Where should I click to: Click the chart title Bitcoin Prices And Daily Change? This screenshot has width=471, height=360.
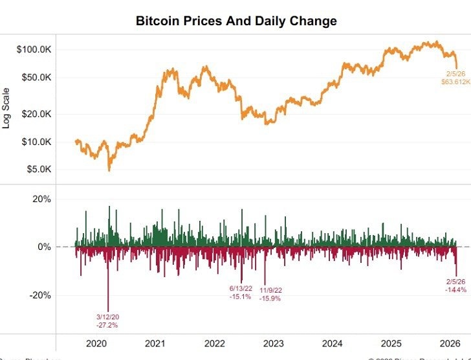coord(236,21)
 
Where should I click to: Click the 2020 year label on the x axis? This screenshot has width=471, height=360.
coord(96,343)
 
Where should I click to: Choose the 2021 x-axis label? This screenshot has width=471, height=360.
coord(155,343)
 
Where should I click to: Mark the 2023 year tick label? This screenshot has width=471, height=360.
coord(273,343)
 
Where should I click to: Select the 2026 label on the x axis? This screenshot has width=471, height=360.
coord(450,343)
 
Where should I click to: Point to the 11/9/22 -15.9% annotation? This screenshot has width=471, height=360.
coord(270,295)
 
